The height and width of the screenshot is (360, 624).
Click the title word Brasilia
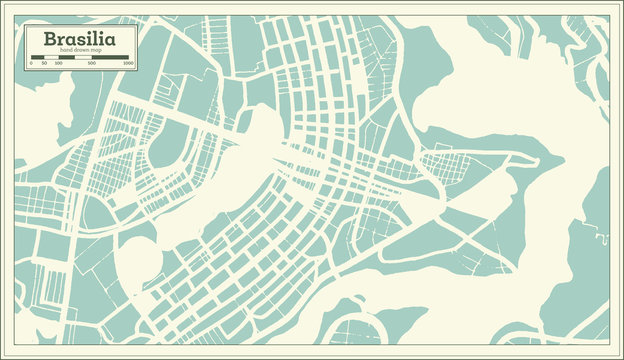tap(78, 39)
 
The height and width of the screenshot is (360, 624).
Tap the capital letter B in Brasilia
tap(48, 39)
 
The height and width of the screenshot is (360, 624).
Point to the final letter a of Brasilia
tap(109, 40)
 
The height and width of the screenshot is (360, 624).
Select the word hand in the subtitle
tap(68, 51)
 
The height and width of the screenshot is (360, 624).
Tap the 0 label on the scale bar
tap(31, 63)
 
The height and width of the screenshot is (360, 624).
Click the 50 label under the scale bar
tap(43, 63)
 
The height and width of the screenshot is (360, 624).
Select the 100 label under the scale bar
tap(58, 63)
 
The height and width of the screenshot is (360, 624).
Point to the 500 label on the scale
tap(92, 63)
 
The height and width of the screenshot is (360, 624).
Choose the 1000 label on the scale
tap(128, 63)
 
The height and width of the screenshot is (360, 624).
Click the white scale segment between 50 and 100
tap(50, 57)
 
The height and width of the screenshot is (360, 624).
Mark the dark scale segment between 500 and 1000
tap(110, 57)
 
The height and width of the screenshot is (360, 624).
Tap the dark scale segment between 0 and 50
tap(37, 57)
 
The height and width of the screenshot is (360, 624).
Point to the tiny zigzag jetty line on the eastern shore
tap(602, 238)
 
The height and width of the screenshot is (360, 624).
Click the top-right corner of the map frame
tap(609, 15)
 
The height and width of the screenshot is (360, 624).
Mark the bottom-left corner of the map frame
tap(14, 344)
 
